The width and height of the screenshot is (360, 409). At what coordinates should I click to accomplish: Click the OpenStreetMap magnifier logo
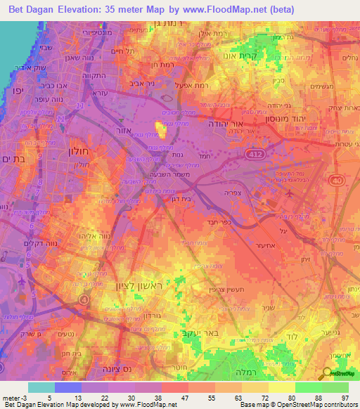[326, 373]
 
